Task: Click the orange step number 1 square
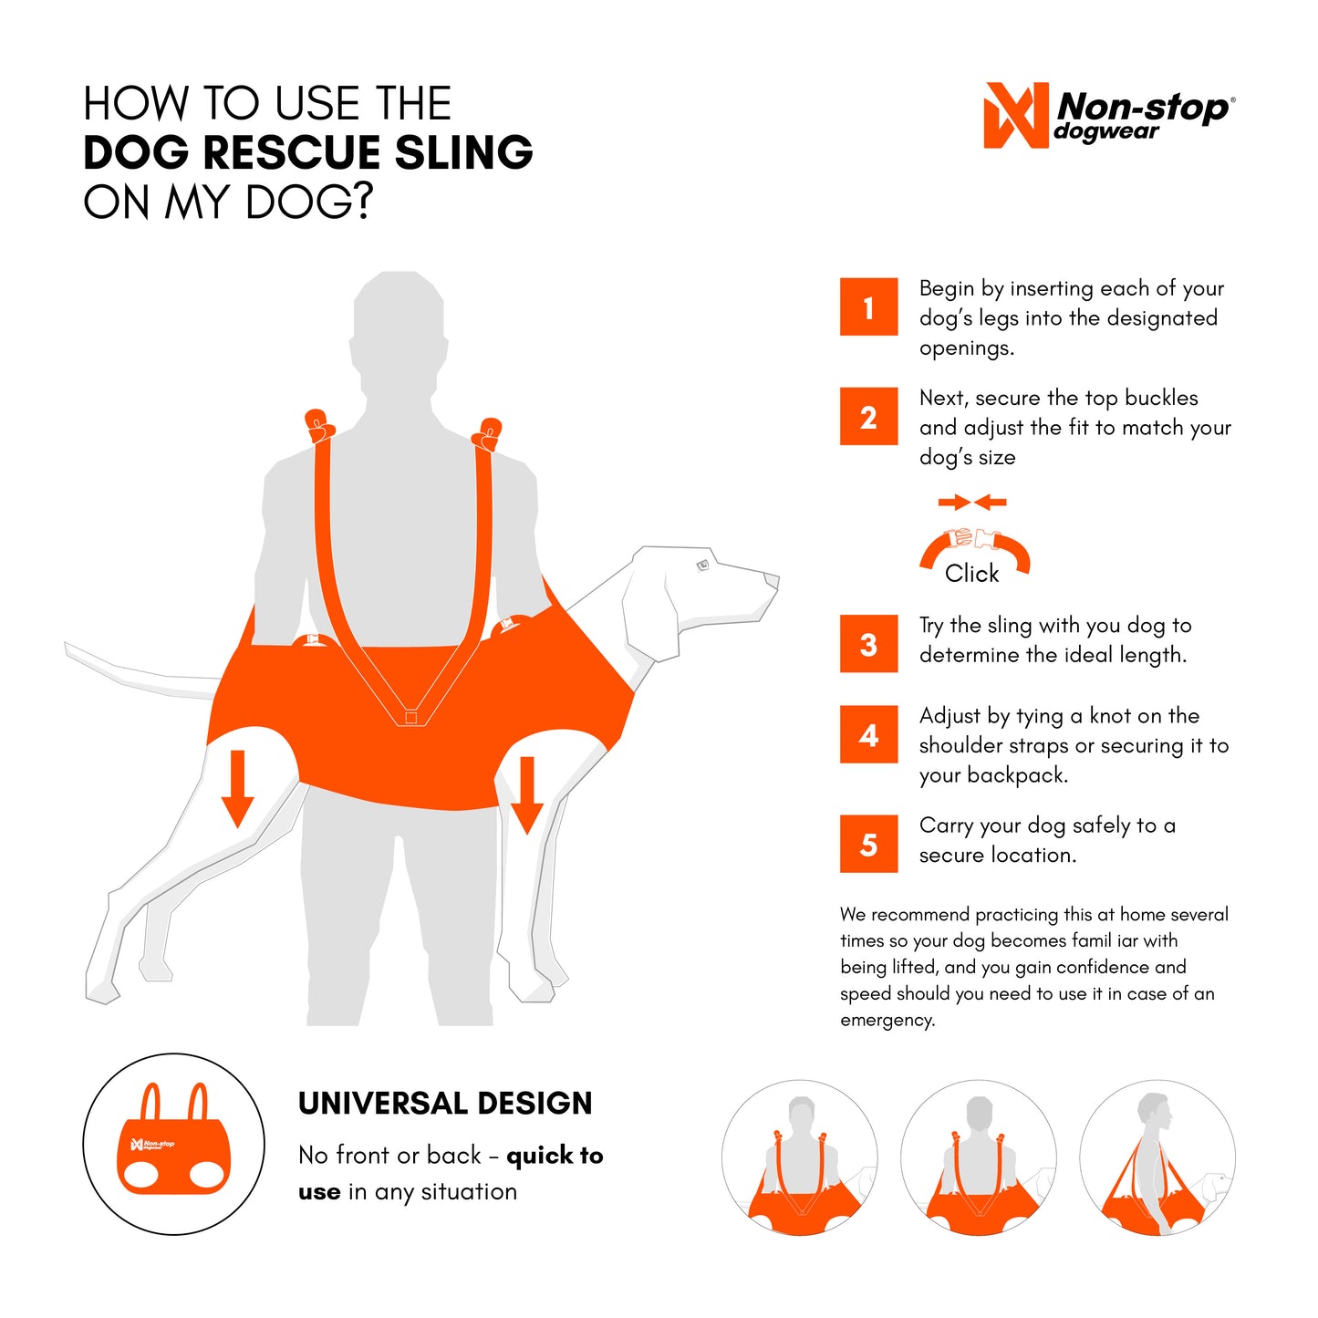pos(868,307)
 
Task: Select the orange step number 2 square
pos(868,417)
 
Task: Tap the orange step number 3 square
pos(868,644)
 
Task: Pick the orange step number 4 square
pos(868,734)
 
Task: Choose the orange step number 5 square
pos(868,844)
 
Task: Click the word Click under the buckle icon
pos(971,574)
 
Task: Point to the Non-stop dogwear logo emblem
pos(1015,116)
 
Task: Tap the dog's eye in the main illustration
pos(702,566)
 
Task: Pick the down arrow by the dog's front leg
pos(527,794)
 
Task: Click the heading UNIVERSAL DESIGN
pos(445,1104)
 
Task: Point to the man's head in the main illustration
pos(400,315)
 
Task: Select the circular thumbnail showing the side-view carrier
pos(1157,1158)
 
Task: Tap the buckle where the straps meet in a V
pos(410,717)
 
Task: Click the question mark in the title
pos(362,202)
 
